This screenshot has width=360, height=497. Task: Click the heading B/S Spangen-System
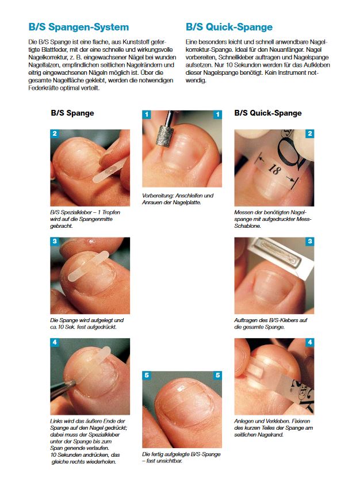(79, 27)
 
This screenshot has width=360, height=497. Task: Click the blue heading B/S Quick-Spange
(229, 27)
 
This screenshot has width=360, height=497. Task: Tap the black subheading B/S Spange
(72, 113)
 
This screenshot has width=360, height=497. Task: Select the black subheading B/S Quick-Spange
(268, 113)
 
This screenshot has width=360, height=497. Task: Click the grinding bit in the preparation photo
(164, 136)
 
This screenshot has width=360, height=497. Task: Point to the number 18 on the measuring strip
(274, 169)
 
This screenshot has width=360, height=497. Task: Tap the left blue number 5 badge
(147, 375)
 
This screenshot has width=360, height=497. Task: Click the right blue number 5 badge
(218, 375)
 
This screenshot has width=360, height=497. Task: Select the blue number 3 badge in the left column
(55, 242)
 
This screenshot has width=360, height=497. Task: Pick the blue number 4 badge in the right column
(310, 342)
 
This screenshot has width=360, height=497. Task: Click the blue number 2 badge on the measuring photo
(310, 133)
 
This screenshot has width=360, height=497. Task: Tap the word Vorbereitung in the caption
(157, 196)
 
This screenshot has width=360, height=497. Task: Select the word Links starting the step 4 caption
(56, 421)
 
